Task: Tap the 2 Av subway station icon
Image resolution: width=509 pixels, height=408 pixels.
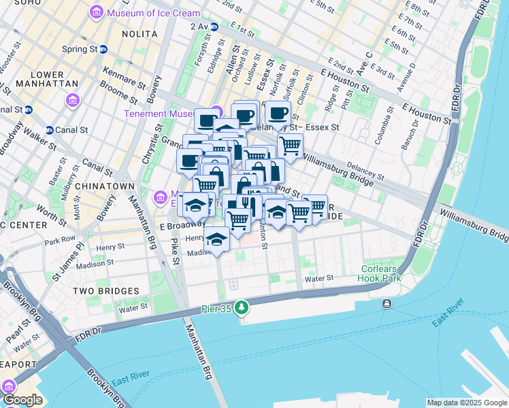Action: pyautogui.click(x=214, y=27)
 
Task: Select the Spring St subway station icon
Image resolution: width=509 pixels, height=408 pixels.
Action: pyautogui.click(x=103, y=49)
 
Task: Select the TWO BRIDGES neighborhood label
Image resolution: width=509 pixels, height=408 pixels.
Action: pyautogui.click(x=105, y=291)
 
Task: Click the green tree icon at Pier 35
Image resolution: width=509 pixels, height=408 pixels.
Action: pyautogui.click(x=241, y=309)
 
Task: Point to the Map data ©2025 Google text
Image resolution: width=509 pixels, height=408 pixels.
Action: pyautogui.click(x=466, y=403)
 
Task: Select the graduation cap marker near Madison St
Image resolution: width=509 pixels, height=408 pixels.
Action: pyautogui.click(x=217, y=240)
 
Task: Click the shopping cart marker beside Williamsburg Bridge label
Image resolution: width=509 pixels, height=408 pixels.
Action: pyautogui.click(x=291, y=145)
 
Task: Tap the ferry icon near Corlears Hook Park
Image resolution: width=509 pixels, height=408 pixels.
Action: pyautogui.click(x=387, y=303)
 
